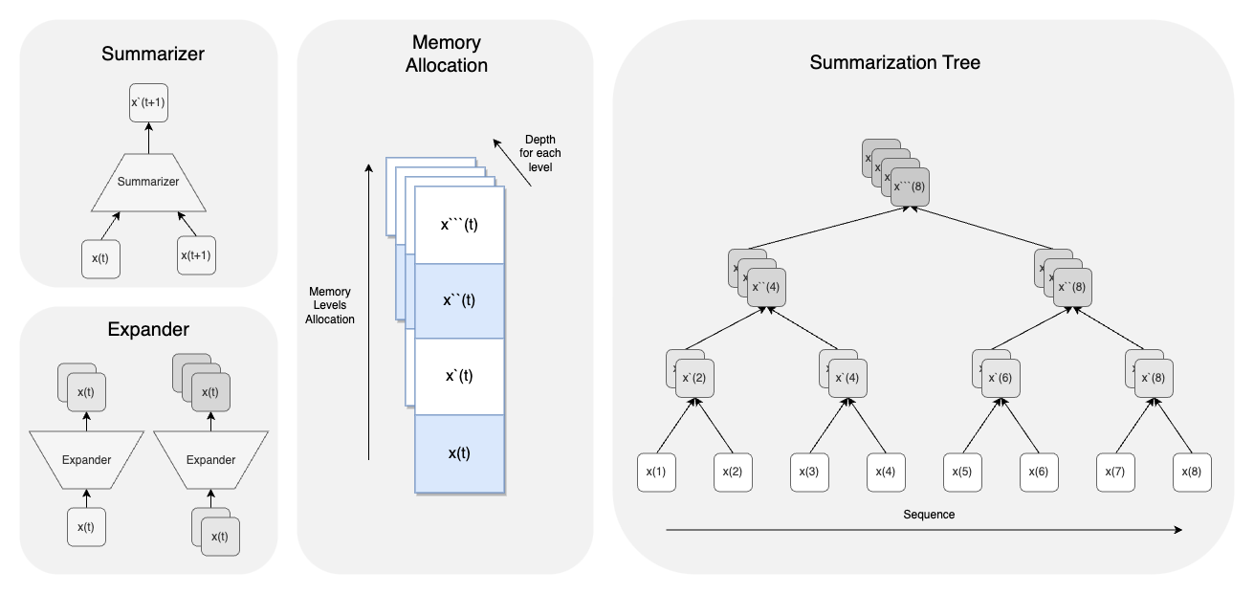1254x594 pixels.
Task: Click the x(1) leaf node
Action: pos(656,473)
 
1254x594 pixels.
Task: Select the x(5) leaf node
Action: pos(963,473)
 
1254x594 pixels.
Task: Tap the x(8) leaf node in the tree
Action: pos(1192,473)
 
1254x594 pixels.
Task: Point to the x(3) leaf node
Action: pos(809,473)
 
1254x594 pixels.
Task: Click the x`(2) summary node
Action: pos(696,378)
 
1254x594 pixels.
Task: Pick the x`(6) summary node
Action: pos(1002,378)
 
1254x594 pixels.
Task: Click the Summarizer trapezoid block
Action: pos(148,181)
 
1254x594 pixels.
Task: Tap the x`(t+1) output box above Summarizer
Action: pos(148,101)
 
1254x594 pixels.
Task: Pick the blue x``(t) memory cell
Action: pos(459,299)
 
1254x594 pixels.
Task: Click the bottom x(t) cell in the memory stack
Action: pos(459,453)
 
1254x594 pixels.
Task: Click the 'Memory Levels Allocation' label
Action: pos(330,305)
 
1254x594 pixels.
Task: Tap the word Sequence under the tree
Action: pos(929,515)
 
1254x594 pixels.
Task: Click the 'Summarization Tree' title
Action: pos(894,63)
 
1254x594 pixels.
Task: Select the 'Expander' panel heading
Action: pos(148,330)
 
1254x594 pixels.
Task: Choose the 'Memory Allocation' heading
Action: pos(446,54)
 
